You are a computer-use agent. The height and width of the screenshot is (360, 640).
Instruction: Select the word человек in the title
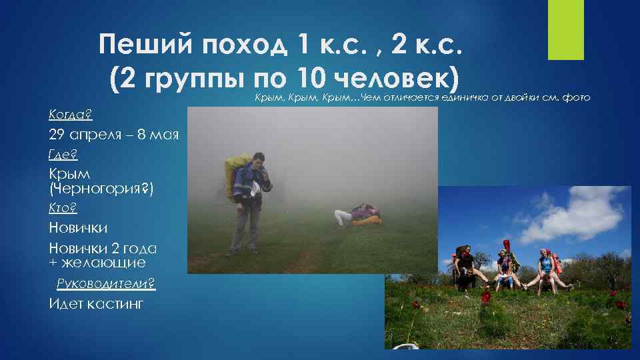point(393,80)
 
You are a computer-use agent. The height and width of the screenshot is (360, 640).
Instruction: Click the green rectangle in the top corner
point(565,29)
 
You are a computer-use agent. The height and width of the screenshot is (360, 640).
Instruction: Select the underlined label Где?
point(63,155)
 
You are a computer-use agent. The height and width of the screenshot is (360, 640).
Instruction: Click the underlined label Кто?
point(63,209)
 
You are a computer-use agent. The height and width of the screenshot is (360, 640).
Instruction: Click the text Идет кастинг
point(96,304)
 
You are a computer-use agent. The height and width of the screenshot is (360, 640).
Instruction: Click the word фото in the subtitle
point(576,98)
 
